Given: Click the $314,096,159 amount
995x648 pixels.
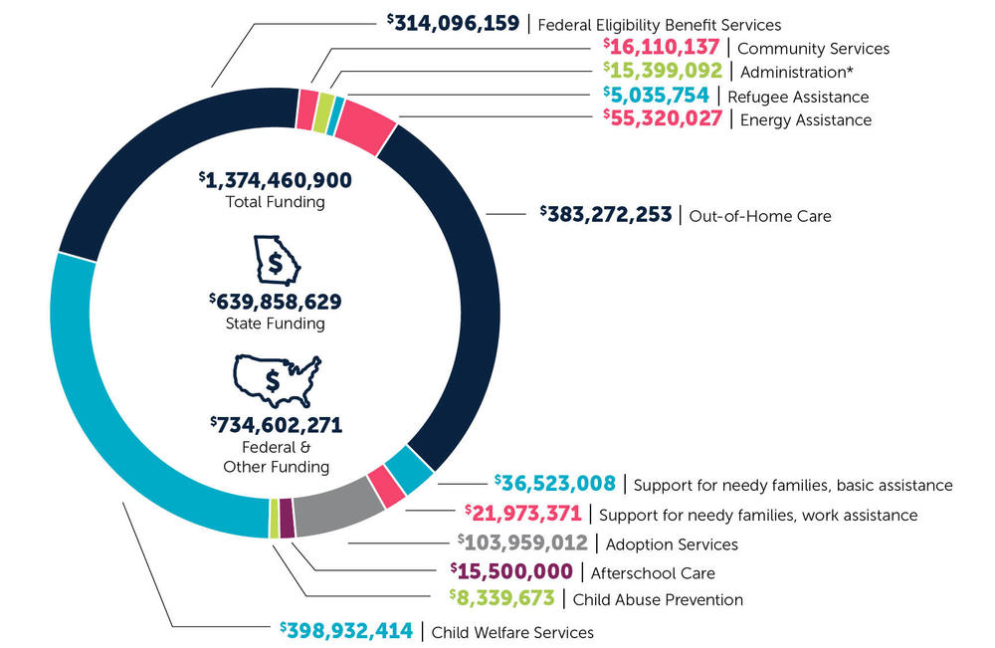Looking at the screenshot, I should pos(454,23).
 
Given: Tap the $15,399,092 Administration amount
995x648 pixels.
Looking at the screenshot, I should pos(662,71).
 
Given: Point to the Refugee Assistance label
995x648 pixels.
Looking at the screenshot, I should pos(798,97).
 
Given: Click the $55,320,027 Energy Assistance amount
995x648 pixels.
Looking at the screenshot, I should pos(662,119).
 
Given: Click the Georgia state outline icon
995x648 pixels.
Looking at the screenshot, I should pos(275,261).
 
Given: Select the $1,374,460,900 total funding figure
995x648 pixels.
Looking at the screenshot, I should pos(276,180).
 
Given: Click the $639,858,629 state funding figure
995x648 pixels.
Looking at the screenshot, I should pos(276,302).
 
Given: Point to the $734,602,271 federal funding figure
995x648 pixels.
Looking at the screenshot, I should pos(276,425).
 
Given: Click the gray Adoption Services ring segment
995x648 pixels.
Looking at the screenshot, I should pos(338,514).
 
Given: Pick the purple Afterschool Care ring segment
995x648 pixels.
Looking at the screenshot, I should pos(287,518).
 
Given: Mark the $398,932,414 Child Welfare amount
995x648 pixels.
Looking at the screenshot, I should pos(345,631).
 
